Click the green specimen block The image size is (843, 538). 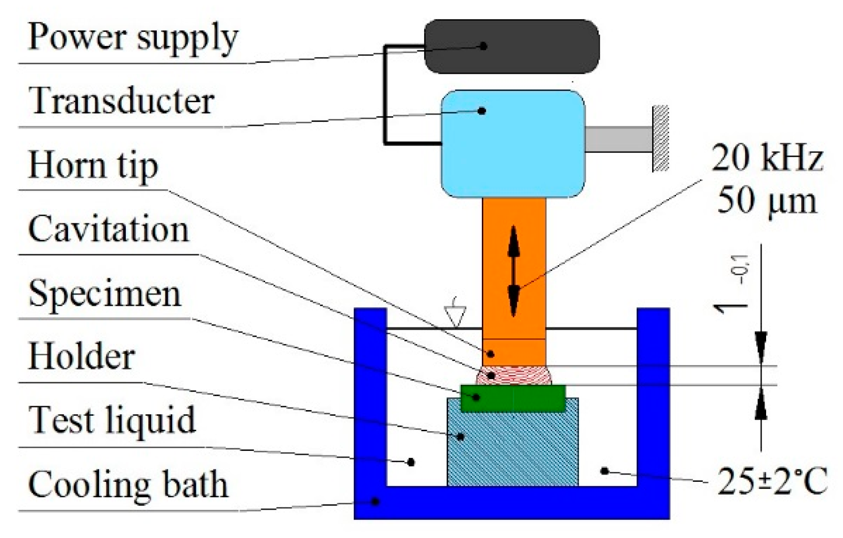[x=513, y=398]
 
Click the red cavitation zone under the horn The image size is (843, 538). [x=513, y=375]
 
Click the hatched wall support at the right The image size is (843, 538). [x=661, y=138]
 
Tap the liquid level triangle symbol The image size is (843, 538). [x=456, y=316]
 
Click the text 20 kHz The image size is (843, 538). [x=767, y=158]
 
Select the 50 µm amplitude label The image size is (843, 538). [x=767, y=200]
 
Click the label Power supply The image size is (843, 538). [x=133, y=37]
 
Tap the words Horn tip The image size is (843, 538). [x=93, y=166]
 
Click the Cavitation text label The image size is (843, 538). [x=109, y=229]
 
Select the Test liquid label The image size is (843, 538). [x=112, y=419]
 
